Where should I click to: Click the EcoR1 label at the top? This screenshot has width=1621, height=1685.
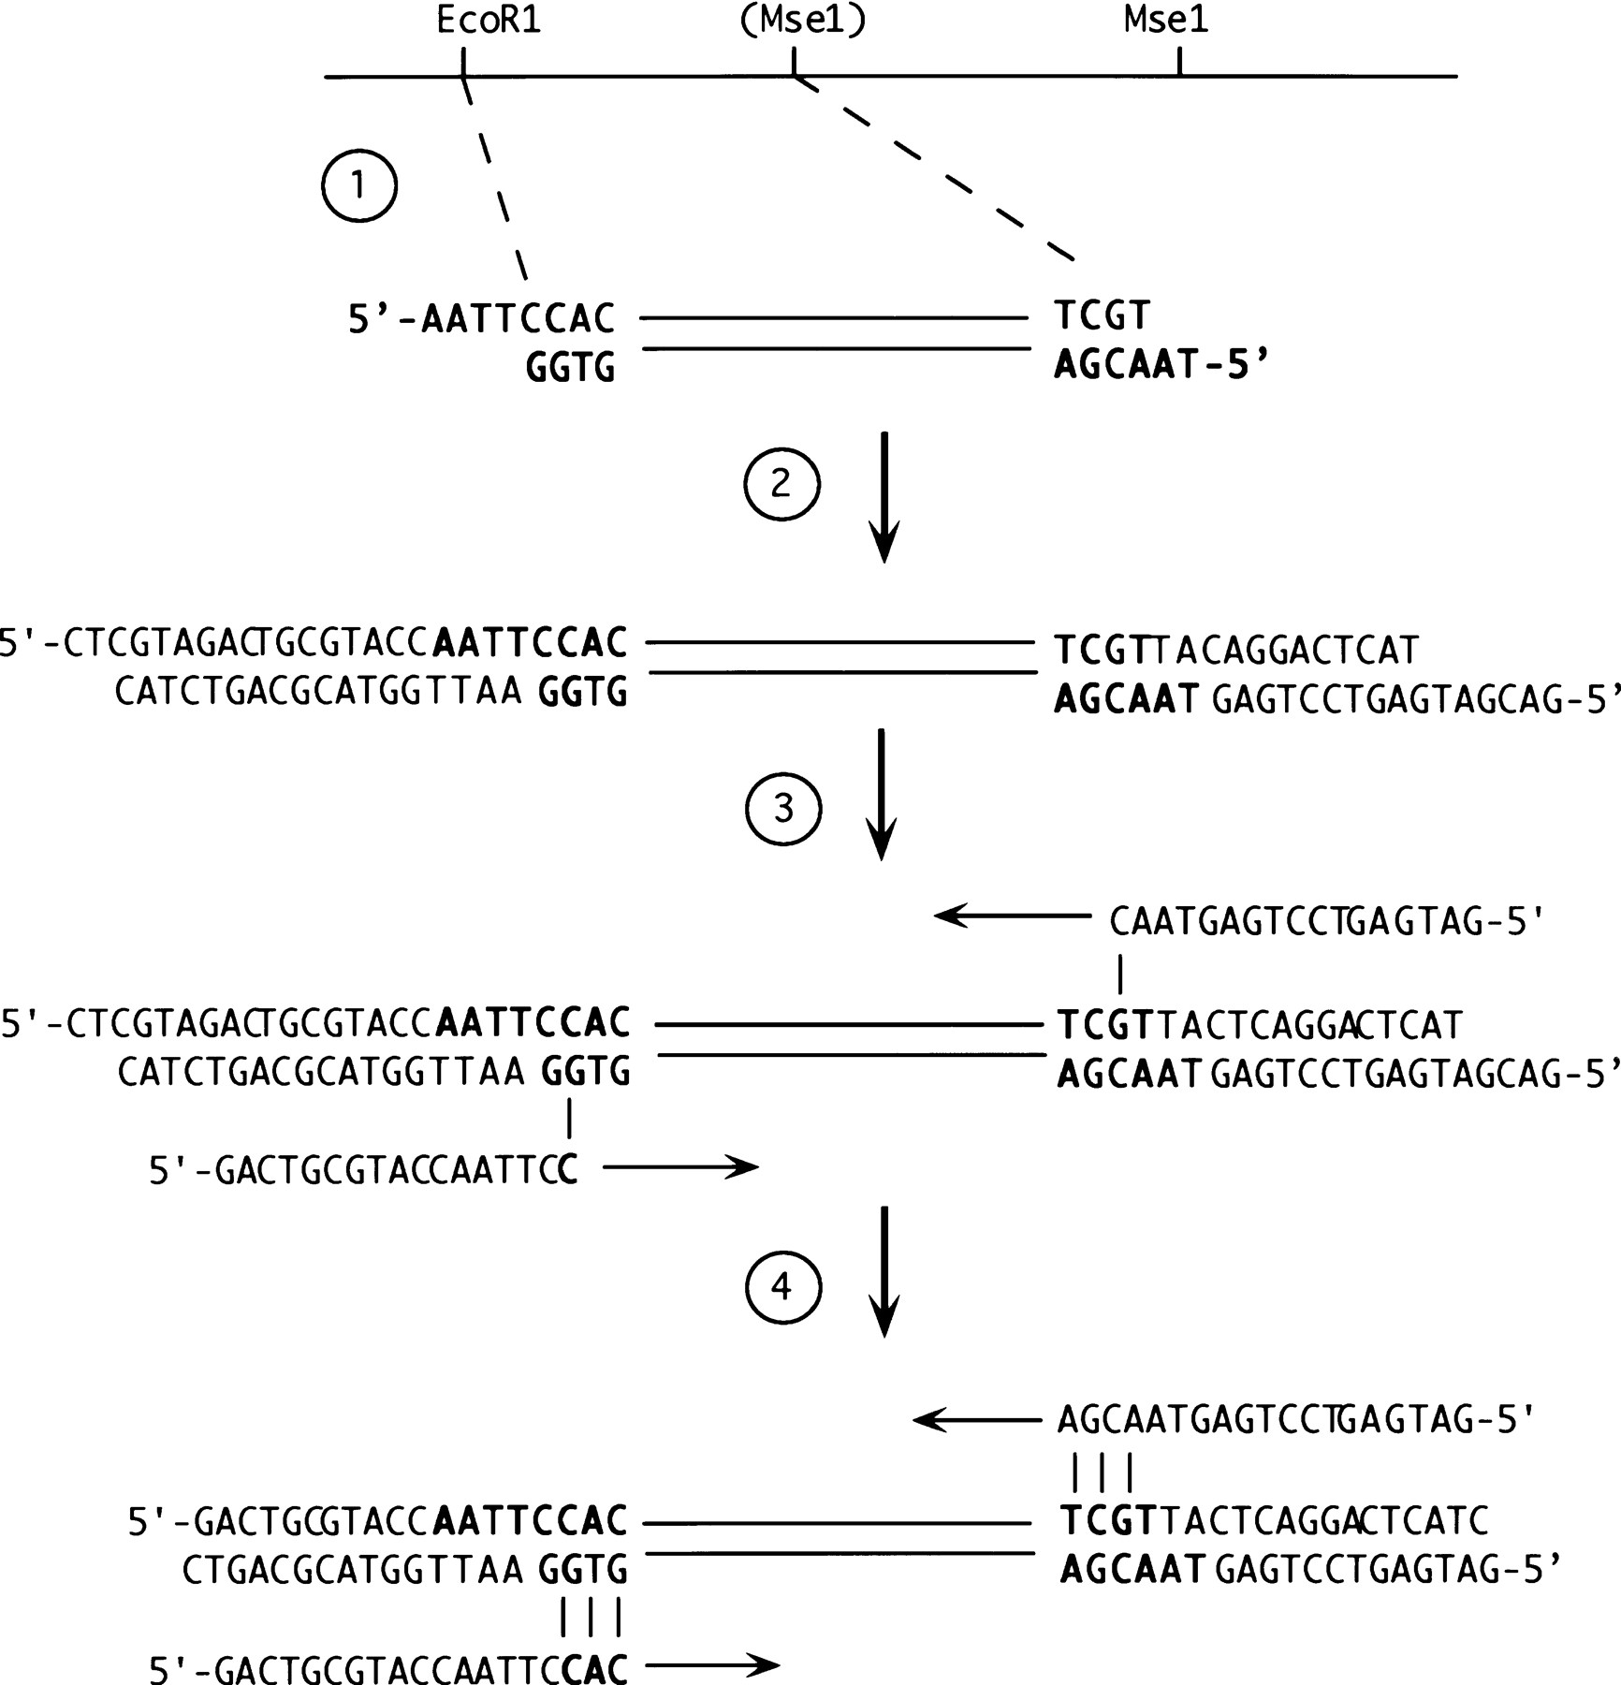pyautogui.click(x=489, y=22)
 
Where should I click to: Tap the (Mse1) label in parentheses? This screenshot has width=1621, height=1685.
pyautogui.click(x=802, y=22)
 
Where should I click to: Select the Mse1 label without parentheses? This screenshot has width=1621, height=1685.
pyautogui.click(x=1166, y=22)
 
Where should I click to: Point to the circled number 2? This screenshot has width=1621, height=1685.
pyautogui.click(x=781, y=484)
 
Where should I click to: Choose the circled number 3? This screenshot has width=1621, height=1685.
pyautogui.click(x=783, y=809)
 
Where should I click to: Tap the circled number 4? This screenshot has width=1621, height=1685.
pyautogui.click(x=782, y=1288)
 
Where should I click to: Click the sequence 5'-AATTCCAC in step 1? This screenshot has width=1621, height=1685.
pyautogui.click(x=481, y=320)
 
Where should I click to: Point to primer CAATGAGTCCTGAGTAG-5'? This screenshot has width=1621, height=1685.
pyautogui.click(x=1326, y=923)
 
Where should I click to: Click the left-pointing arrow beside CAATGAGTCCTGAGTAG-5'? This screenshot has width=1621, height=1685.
pyautogui.click(x=1012, y=916)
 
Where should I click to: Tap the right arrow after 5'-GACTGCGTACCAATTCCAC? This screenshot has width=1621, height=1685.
pyautogui.click(x=712, y=1664)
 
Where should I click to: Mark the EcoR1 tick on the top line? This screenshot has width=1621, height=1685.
pyautogui.click(x=463, y=63)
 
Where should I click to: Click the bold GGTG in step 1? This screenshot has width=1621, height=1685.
pyautogui.click(x=570, y=368)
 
